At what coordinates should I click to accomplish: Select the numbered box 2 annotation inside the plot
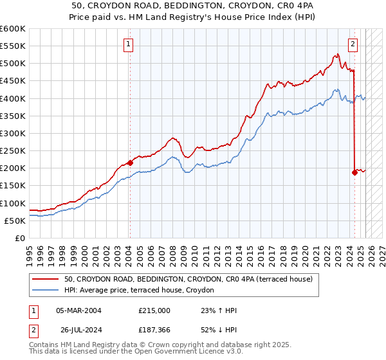353,44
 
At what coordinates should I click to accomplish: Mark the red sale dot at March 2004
130,163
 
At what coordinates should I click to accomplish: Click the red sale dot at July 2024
354,172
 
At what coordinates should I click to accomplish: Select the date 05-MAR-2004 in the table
78,310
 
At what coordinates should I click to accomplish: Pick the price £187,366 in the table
154,330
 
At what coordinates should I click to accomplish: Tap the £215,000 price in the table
154,310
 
